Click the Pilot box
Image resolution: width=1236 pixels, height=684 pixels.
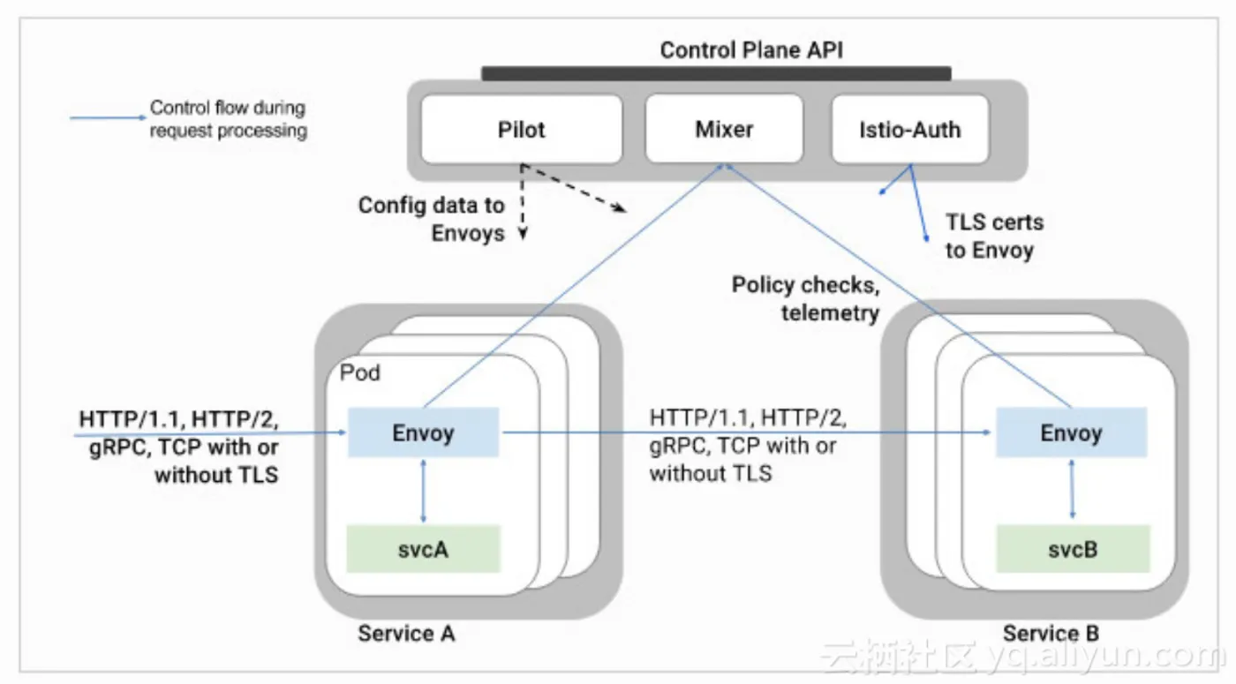pyautogui.click(x=521, y=130)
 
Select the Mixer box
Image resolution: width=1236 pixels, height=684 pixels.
pyautogui.click(x=724, y=130)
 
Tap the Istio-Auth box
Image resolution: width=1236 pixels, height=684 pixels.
pyautogui.click(x=909, y=130)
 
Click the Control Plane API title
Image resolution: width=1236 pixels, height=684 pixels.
pyautogui.click(x=751, y=49)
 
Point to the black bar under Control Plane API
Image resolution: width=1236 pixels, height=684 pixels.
pyautogui.click(x=716, y=73)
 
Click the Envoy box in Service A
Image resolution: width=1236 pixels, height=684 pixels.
pyautogui.click(x=424, y=432)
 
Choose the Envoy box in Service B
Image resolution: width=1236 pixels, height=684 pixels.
pyautogui.click(x=1072, y=432)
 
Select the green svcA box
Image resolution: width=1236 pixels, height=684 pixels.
pyautogui.click(x=424, y=549)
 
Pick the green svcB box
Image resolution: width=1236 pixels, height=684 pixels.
pyautogui.click(x=1074, y=549)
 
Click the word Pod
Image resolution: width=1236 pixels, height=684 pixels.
pyautogui.click(x=360, y=373)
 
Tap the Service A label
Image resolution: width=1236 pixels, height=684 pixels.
pyautogui.click(x=406, y=633)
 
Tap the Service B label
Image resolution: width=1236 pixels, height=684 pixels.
pyautogui.click(x=1051, y=633)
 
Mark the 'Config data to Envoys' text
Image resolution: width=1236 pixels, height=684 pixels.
pyautogui.click(x=432, y=219)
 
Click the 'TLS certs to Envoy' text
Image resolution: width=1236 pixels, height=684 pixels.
pyautogui.click(x=994, y=236)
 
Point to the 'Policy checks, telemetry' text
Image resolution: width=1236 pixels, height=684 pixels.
pyautogui.click(x=805, y=298)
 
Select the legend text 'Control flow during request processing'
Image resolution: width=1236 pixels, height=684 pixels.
pyautogui.click(x=228, y=119)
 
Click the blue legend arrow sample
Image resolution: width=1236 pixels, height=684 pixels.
pyautogui.click(x=106, y=117)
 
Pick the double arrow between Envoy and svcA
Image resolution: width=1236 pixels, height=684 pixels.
pyautogui.click(x=425, y=491)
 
